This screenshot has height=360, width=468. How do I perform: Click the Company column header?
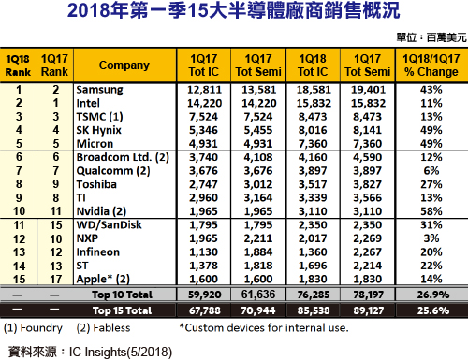click(x=124, y=65)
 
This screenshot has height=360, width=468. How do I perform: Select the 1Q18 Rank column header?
click(x=18, y=65)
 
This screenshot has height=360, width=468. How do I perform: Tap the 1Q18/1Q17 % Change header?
click(x=431, y=65)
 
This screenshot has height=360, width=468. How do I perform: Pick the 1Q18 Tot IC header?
click(x=313, y=65)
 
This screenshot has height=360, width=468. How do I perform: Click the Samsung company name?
click(x=100, y=90)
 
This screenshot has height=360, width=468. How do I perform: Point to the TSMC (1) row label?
click(x=100, y=117)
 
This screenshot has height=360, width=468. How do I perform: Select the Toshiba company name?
click(x=96, y=184)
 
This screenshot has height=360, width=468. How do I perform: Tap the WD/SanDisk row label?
click(x=110, y=225)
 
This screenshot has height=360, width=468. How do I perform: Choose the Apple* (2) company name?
click(x=103, y=279)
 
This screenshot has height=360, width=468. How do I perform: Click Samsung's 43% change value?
click(x=431, y=90)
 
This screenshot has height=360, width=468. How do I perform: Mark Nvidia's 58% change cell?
click(x=431, y=211)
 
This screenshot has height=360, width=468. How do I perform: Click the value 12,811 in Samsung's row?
click(x=204, y=90)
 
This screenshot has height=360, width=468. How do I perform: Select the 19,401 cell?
click(x=368, y=90)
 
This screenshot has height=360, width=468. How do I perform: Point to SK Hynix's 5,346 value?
click(x=203, y=130)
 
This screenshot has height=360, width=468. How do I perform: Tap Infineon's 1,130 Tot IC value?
click(x=203, y=252)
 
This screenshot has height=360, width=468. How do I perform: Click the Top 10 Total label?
click(x=123, y=295)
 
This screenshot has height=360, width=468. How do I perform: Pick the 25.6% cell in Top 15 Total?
click(x=433, y=310)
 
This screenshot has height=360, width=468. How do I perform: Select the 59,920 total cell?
click(x=204, y=295)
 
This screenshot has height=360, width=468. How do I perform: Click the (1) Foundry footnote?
click(x=33, y=328)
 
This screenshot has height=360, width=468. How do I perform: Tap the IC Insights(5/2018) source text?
click(x=121, y=352)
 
